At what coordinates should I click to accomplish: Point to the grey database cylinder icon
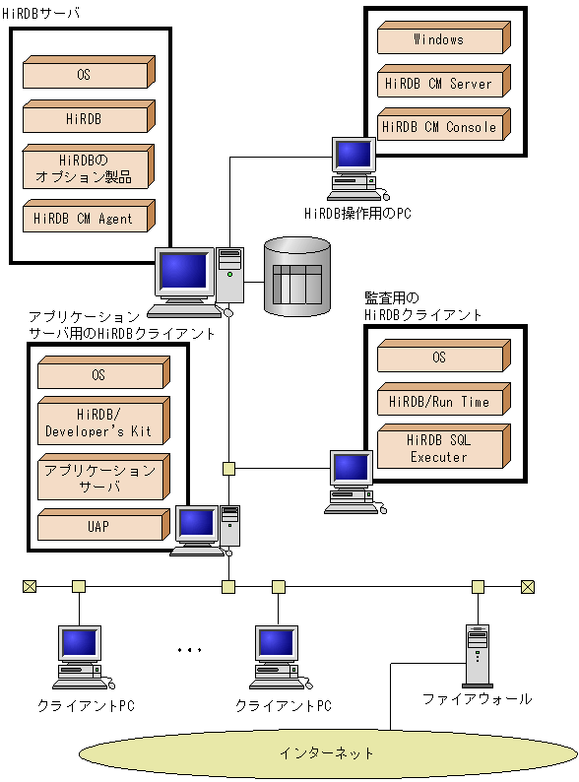pyautogui.click(x=297, y=276)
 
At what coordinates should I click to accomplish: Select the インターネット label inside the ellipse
pyautogui.click(x=327, y=753)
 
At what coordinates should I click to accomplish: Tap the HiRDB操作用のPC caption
pyautogui.click(x=356, y=212)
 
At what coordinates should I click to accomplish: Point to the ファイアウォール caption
pyautogui.click(x=478, y=699)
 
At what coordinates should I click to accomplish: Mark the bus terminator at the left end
pyautogui.click(x=29, y=587)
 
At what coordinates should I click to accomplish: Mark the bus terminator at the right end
pyautogui.click(x=528, y=587)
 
